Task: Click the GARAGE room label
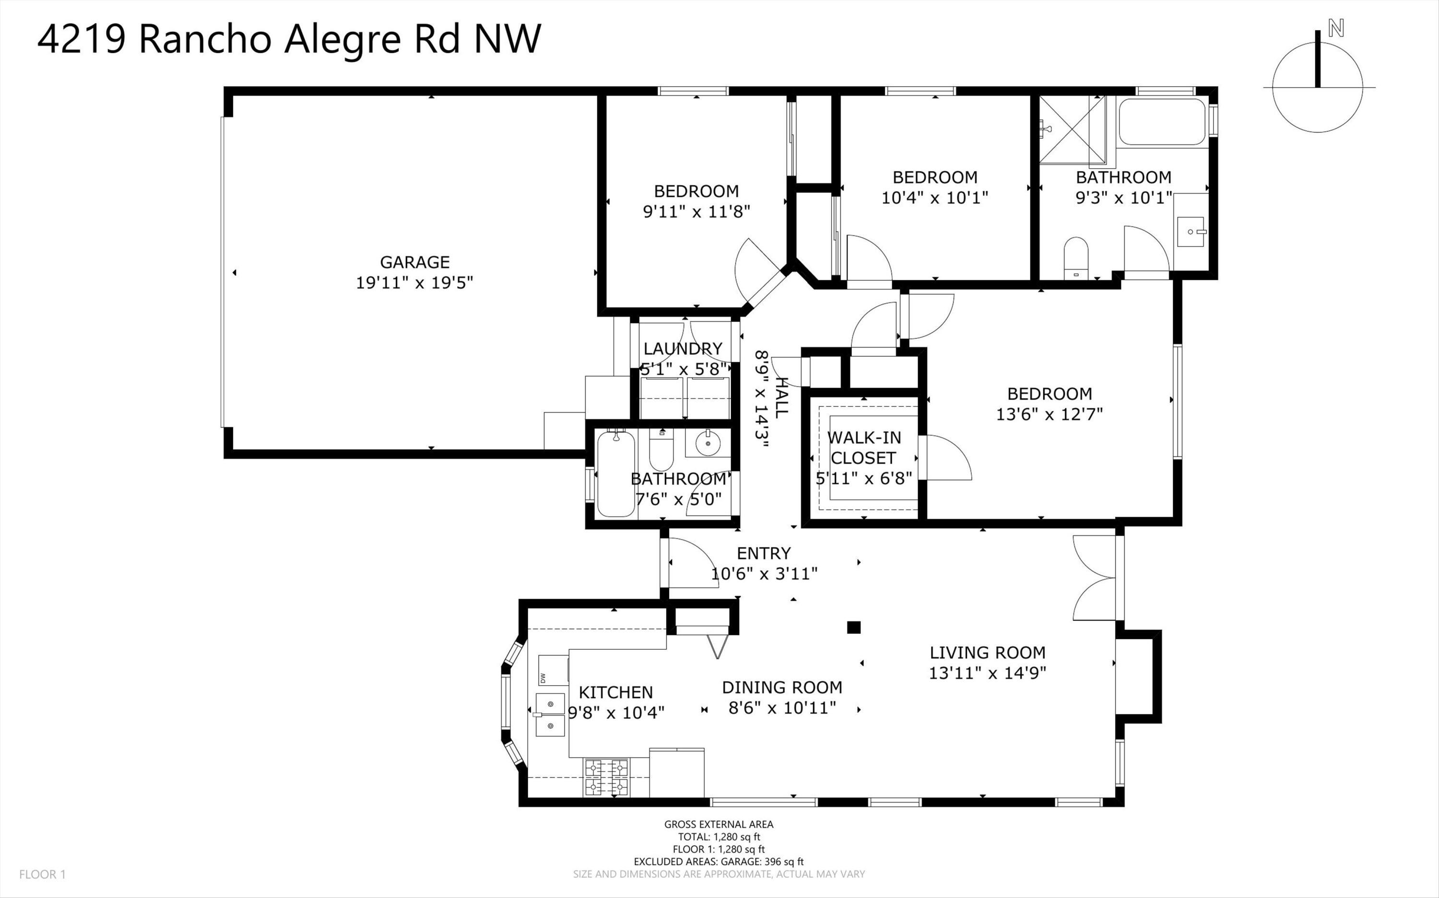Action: click(414, 262)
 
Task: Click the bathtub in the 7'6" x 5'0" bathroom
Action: click(616, 473)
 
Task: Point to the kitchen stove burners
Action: click(606, 777)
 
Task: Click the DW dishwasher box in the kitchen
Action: click(552, 670)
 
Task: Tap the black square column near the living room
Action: click(853, 627)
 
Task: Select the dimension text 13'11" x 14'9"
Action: click(987, 673)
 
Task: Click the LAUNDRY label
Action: click(683, 349)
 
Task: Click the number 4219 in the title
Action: click(82, 39)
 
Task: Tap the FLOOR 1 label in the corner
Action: click(42, 874)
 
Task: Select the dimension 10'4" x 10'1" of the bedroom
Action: click(934, 197)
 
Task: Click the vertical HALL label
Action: click(780, 397)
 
